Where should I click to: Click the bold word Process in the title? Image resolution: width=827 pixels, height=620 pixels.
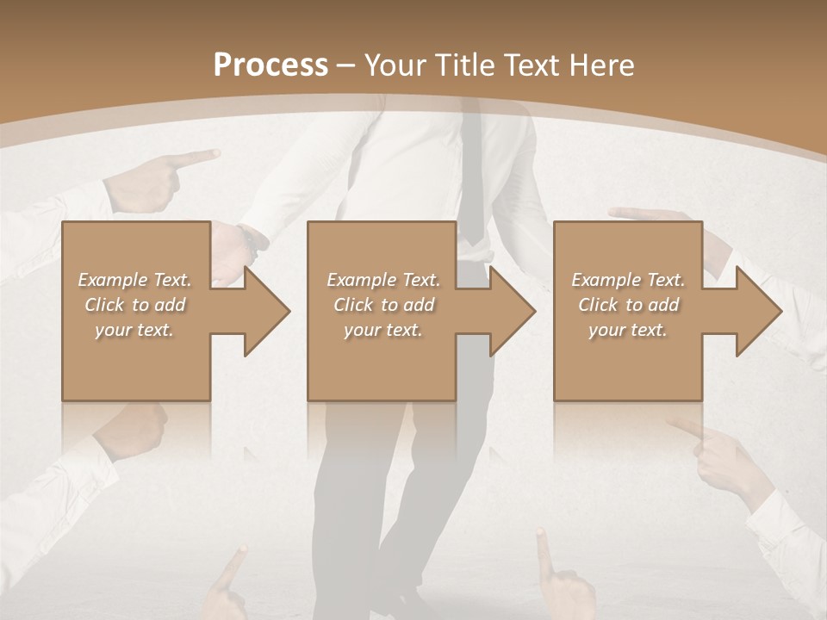coord(270,65)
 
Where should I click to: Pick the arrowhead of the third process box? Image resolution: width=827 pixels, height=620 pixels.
coord(757,311)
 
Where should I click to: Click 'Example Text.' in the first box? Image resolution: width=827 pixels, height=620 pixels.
coord(135,280)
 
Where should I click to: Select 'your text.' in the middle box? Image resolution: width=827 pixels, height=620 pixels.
coord(383,330)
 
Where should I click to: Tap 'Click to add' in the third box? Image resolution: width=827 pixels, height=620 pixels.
coord(629,305)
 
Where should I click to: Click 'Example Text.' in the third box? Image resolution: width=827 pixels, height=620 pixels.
coord(629,280)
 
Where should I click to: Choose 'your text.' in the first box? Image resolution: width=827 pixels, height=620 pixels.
coord(135,330)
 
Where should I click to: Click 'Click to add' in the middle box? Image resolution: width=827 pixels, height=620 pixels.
coord(383,305)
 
